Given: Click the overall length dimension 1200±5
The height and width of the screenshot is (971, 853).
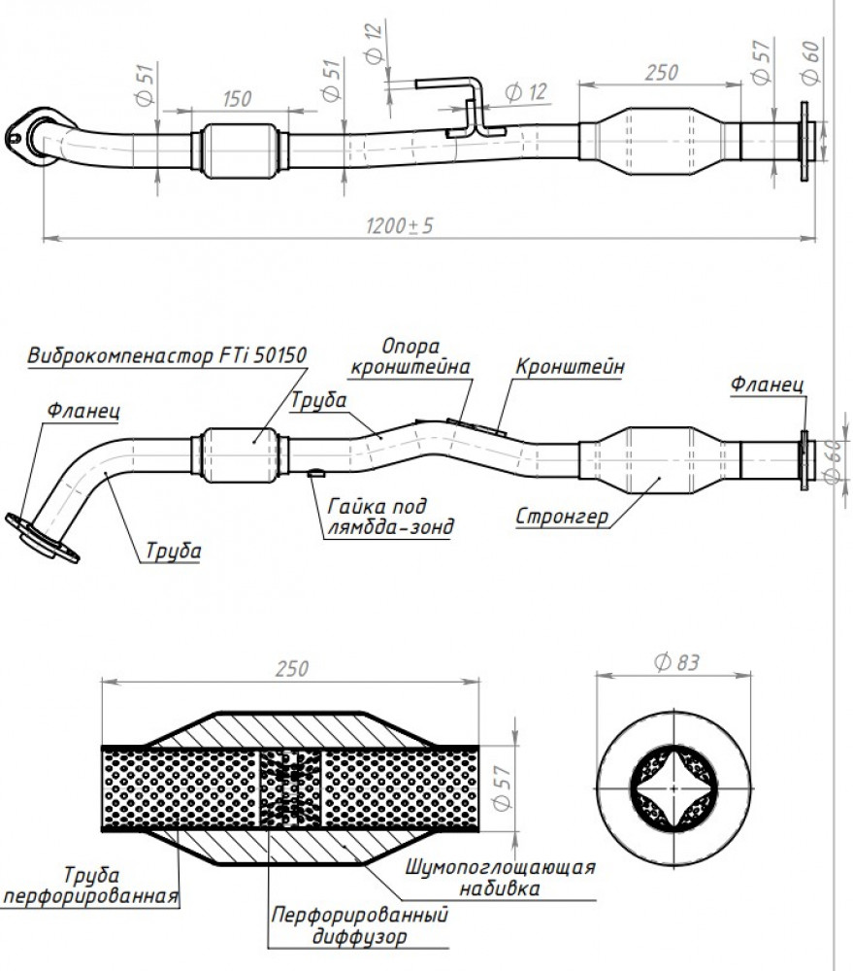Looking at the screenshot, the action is (399, 225).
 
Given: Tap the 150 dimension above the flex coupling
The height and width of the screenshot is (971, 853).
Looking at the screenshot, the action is (237, 99).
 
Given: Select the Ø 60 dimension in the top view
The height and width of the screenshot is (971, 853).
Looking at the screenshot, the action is (810, 62).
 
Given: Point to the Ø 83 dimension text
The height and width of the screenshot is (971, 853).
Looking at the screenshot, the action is (676, 662).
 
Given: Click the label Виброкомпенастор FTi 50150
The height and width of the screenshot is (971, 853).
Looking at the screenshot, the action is (167, 355).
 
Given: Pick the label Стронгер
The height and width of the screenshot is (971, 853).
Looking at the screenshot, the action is (562, 517).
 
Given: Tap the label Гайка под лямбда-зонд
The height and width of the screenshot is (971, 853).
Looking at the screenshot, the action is (390, 516).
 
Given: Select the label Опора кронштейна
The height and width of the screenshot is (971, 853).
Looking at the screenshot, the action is (410, 356).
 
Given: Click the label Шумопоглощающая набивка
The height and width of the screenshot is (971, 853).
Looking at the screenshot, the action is (500, 878).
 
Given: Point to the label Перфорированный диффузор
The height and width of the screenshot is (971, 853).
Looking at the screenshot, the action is (359, 925).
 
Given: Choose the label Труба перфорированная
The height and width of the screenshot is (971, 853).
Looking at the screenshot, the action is (91, 886).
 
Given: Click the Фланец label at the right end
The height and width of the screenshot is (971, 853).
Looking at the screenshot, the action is (767, 384).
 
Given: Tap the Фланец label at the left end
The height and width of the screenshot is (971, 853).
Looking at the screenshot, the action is (82, 411).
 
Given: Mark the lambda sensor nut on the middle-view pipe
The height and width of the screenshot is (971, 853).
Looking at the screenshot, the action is (316, 473).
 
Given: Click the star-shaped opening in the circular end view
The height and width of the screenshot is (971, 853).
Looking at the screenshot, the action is (673, 788).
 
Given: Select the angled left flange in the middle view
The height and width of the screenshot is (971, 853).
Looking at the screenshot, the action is (42, 537).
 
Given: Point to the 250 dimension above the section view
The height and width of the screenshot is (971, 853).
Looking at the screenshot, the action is (291, 669).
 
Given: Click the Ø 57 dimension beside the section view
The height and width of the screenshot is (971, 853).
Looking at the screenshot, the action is (502, 787).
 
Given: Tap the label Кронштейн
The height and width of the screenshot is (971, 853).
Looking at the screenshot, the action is (570, 367).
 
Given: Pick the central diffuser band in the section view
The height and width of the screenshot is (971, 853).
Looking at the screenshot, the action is (289, 787).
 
